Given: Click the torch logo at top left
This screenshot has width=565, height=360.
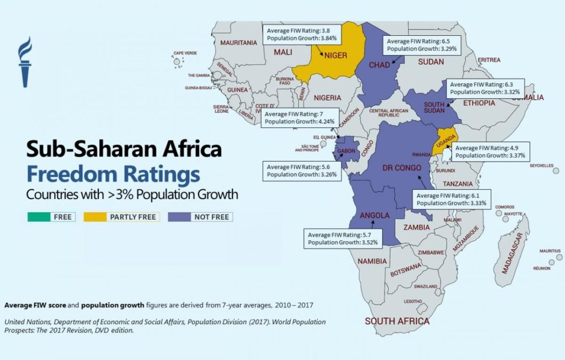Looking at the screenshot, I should click(25, 61).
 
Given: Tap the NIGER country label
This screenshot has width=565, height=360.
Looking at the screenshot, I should click(335, 55).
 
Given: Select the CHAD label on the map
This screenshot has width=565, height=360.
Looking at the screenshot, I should click(379, 65).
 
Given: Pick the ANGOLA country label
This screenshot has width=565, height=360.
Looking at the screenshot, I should click(375, 215).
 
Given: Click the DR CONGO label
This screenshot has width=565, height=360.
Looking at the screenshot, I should click(401, 168).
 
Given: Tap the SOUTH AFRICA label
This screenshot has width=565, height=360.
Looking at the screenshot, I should click(397, 321).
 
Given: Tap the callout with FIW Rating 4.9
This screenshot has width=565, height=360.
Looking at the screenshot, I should click(491, 152).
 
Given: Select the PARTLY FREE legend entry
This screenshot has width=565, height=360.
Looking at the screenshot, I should click(121, 217).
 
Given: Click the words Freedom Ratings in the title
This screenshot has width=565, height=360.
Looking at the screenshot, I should click(113, 175).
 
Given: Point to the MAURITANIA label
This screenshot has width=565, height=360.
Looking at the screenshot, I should click(238, 42).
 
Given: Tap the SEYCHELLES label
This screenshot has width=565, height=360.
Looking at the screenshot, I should click(541, 165).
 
